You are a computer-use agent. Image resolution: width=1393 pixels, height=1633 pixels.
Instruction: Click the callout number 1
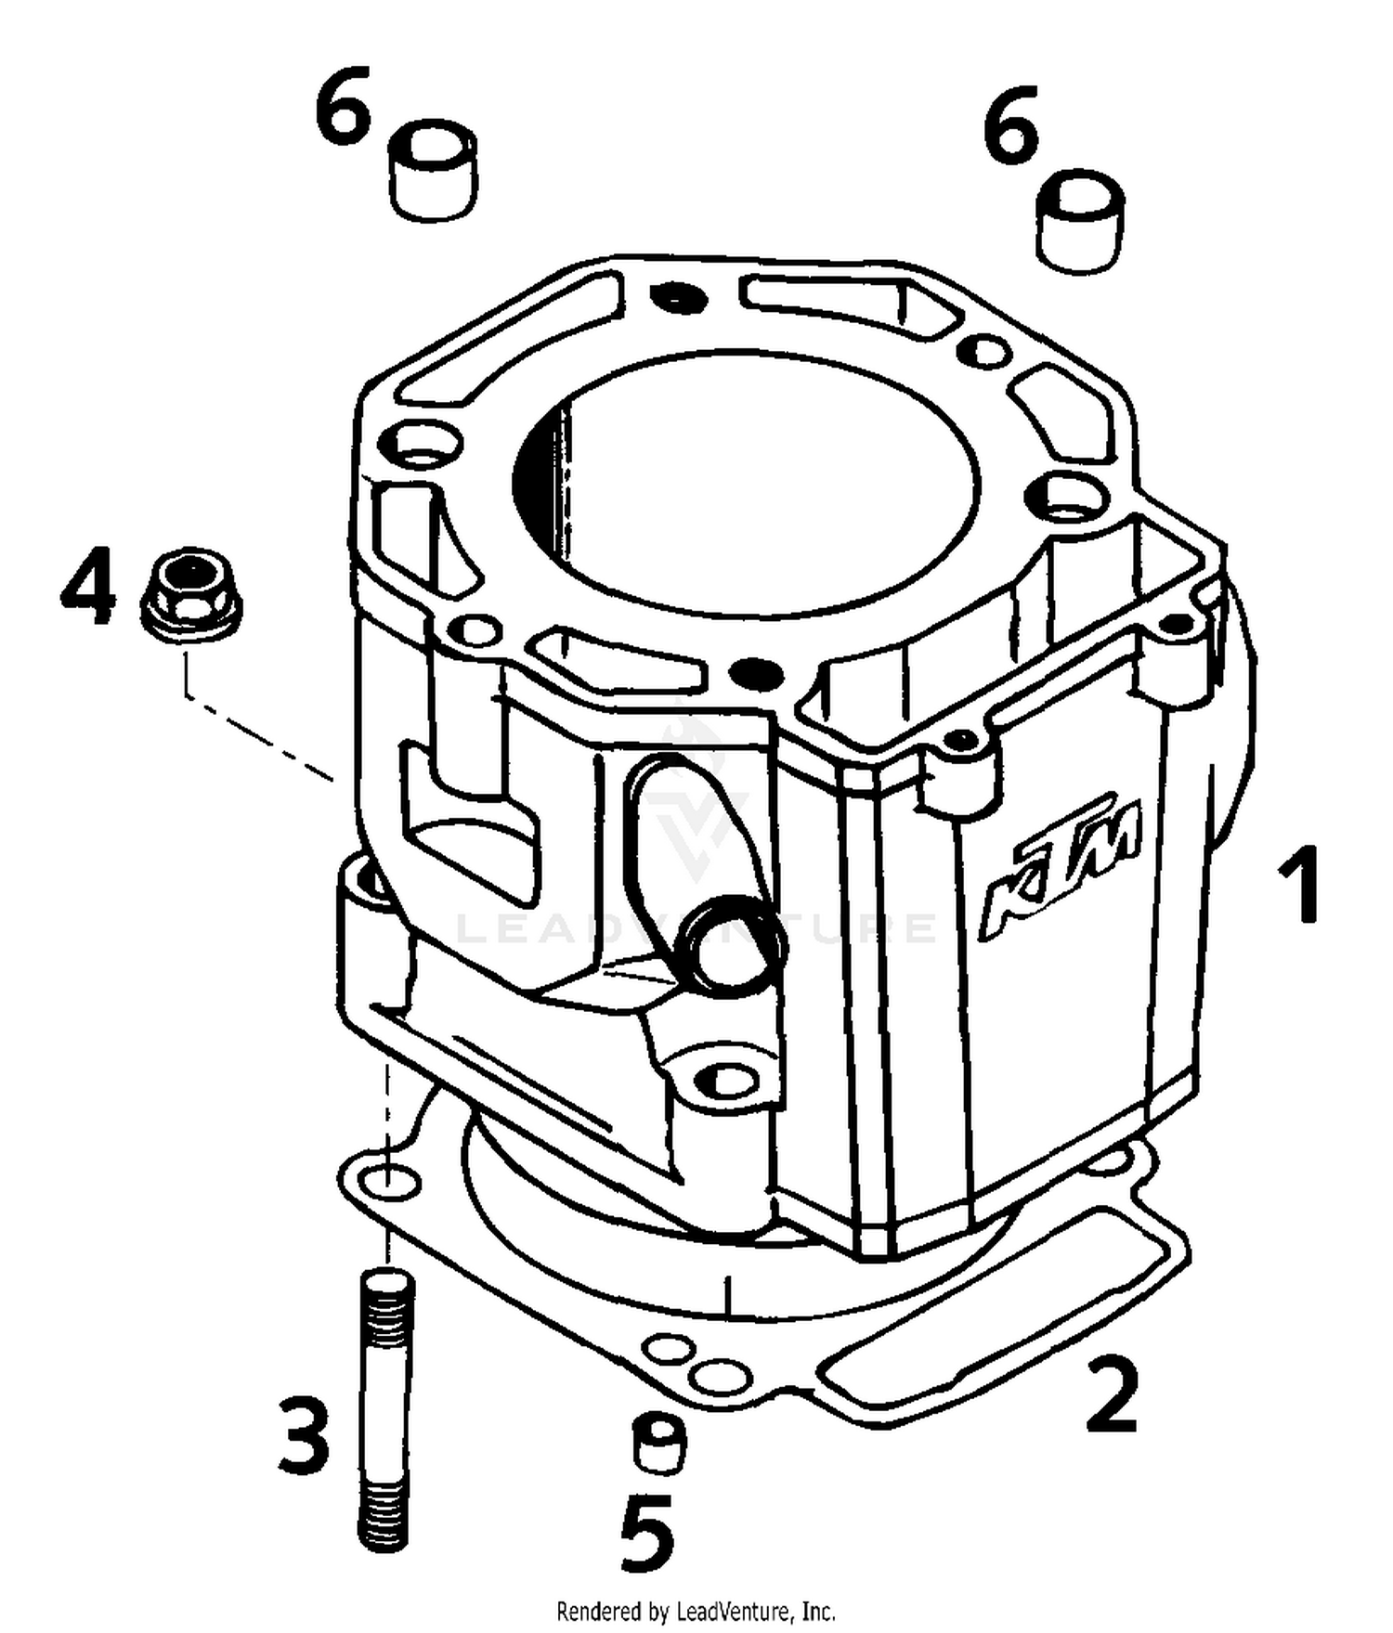pos(1299,885)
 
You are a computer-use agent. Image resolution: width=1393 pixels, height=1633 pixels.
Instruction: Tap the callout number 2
pos(1112,1393)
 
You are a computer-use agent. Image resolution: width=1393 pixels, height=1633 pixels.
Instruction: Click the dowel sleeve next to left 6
pos(433,171)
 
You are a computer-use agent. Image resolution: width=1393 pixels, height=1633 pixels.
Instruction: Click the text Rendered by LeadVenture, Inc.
pos(696,1611)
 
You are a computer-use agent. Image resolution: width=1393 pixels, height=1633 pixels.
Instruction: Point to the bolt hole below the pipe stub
pos(730,1080)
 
